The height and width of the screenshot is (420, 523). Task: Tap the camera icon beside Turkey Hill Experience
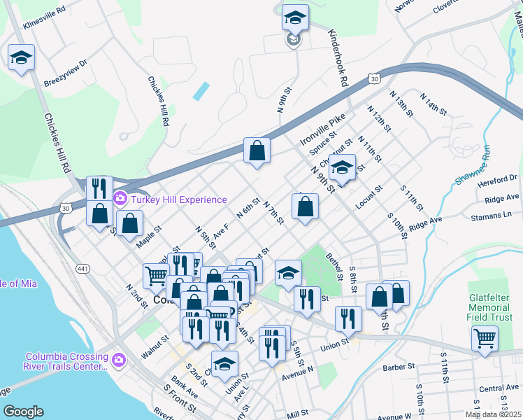click(x=120, y=199)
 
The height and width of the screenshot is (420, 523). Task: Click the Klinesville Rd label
click(x=44, y=20)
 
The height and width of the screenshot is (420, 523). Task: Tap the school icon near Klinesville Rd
click(x=21, y=57)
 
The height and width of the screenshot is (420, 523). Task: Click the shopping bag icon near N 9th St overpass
click(x=257, y=150)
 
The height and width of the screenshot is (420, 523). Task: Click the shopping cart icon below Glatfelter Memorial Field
click(x=485, y=338)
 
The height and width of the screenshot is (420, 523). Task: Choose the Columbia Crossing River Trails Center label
click(x=67, y=360)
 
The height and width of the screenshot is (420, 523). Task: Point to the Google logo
click(x=23, y=412)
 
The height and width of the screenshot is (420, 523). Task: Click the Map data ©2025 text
click(x=494, y=414)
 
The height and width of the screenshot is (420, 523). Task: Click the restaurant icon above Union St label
click(x=348, y=318)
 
